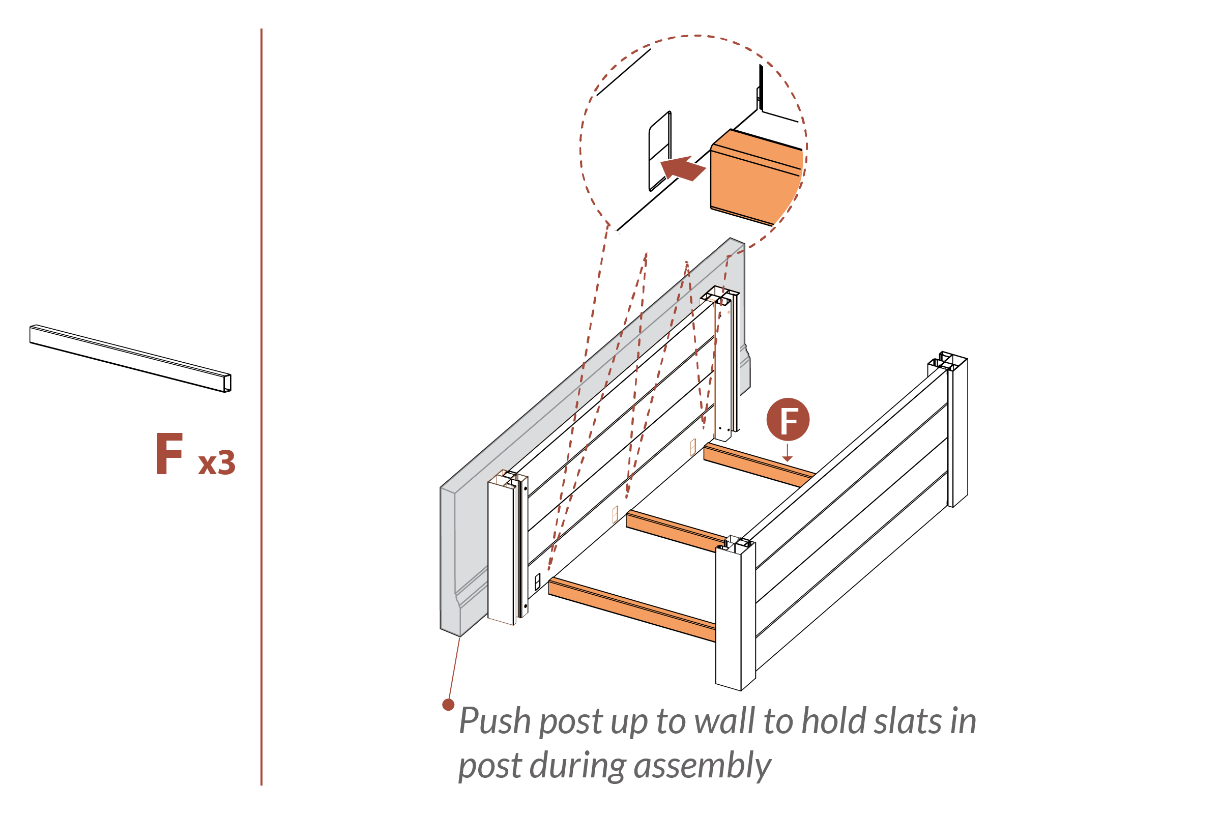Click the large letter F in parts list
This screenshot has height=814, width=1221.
click(169, 454)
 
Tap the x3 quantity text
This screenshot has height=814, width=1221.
click(217, 462)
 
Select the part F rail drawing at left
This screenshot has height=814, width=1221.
click(130, 358)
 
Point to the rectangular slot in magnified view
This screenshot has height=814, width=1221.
click(659, 151)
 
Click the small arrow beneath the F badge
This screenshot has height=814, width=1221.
click(788, 453)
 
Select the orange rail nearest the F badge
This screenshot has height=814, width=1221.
click(758, 464)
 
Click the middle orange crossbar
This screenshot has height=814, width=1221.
click(675, 531)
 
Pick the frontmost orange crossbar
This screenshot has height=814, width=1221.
click(631, 609)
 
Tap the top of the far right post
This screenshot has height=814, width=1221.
click(947, 361)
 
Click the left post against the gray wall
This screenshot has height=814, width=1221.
click(502, 550)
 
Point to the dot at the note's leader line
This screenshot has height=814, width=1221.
click(448, 705)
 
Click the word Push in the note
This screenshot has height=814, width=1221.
click(495, 722)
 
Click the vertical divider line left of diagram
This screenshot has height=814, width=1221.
click(261, 405)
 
